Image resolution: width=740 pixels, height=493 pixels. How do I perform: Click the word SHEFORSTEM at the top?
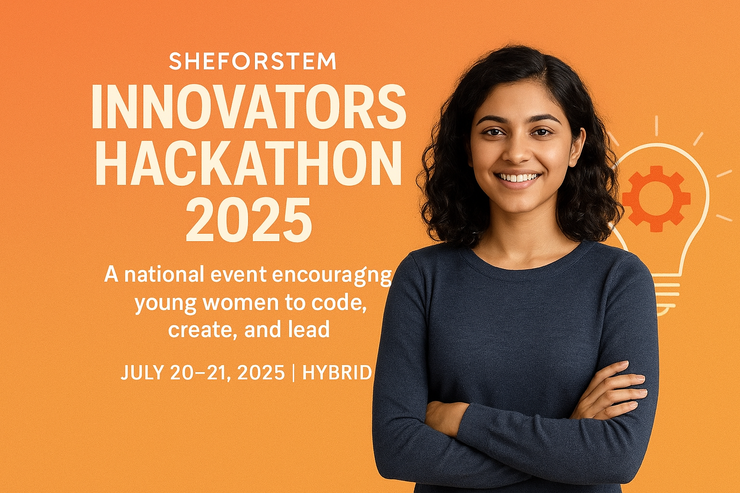(x=252, y=62)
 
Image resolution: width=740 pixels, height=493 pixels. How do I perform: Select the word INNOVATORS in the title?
(x=249, y=107)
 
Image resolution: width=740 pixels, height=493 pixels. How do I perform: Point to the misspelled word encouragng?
(x=332, y=275)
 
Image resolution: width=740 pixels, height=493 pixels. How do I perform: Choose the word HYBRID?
(x=337, y=373)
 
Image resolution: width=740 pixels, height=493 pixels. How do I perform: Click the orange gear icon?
(x=655, y=198)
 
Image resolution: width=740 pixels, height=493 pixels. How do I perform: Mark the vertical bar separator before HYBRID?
(x=293, y=373)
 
